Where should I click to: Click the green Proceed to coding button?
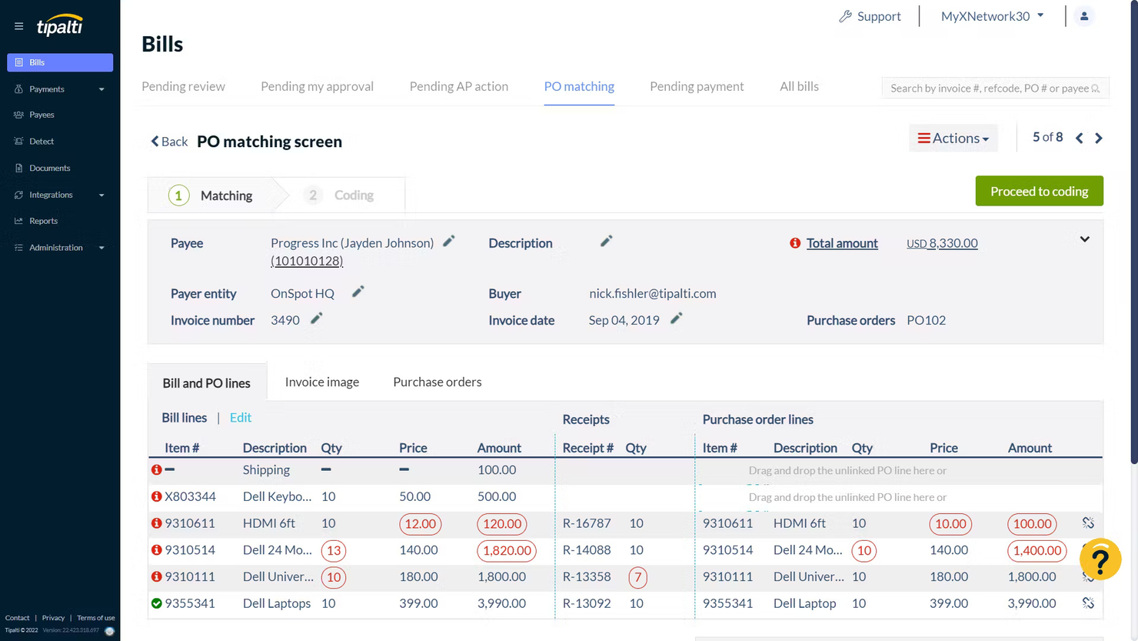[x=1039, y=191]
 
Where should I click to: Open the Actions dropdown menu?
[x=953, y=139]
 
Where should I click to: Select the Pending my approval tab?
[x=317, y=86]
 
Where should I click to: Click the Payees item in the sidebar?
[x=42, y=115]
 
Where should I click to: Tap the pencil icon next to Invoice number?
[x=316, y=319]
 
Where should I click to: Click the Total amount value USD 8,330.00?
[x=942, y=243]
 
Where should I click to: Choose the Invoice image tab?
[x=321, y=382]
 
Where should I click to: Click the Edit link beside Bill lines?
[x=240, y=417]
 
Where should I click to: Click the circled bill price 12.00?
[x=420, y=524]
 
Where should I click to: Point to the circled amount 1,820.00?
[x=506, y=550]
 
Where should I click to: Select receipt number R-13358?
[x=587, y=576]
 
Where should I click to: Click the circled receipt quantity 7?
[x=637, y=577]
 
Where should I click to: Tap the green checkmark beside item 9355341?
[x=157, y=603]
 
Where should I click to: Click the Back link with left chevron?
[x=169, y=142]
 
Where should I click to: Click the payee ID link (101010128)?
[x=307, y=261]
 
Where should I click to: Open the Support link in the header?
[x=870, y=16]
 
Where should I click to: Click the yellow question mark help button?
[x=1100, y=559]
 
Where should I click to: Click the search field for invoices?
[x=988, y=88]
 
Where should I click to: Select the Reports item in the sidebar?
[x=43, y=221]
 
